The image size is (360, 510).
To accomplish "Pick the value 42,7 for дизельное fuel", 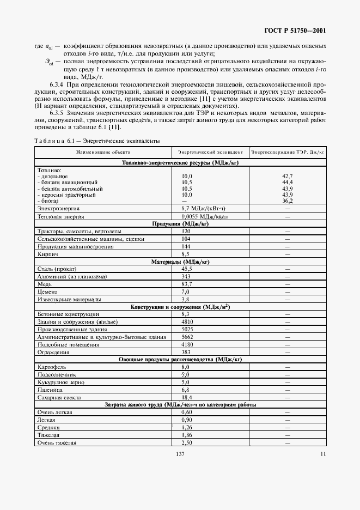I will click(x=288, y=177).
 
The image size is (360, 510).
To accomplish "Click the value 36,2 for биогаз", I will click(x=288, y=201).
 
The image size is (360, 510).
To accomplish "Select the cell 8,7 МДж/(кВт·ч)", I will click(x=202, y=208).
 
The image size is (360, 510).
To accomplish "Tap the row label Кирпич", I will click(x=47, y=254).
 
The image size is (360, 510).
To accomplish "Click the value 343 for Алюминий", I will click(x=186, y=277).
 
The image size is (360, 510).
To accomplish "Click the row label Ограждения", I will click(x=53, y=353).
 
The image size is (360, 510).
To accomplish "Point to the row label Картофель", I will click(x=51, y=368).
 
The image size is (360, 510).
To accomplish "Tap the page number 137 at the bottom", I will click(x=181, y=454).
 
